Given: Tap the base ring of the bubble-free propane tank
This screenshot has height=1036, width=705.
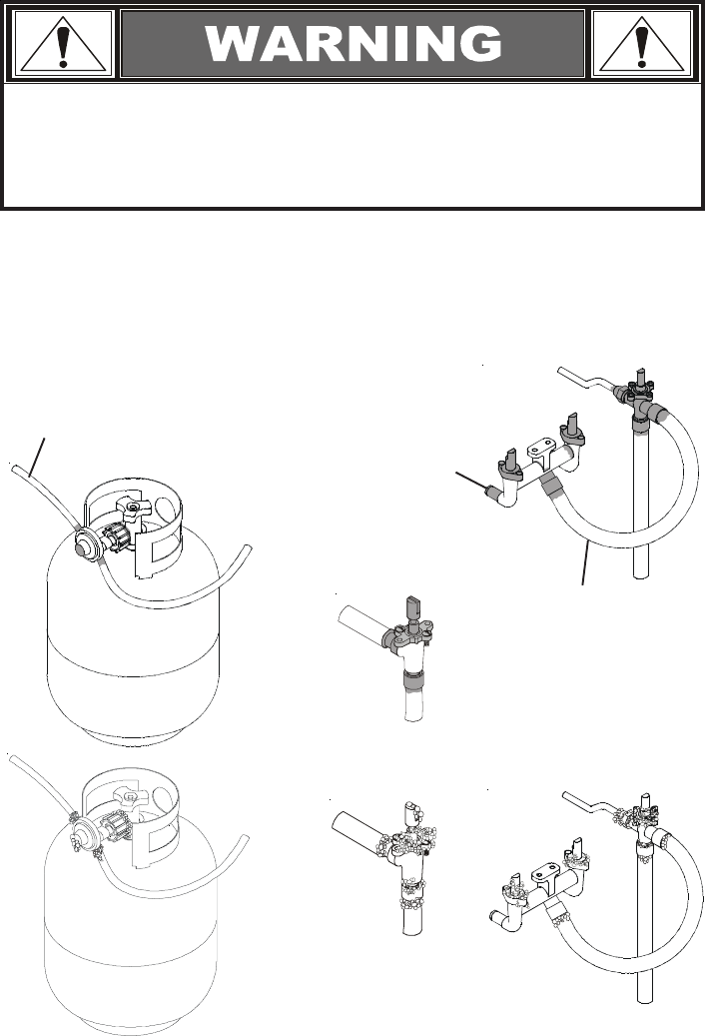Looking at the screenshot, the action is point(132,734).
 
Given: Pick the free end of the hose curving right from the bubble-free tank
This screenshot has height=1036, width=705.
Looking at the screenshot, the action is point(250,547).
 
